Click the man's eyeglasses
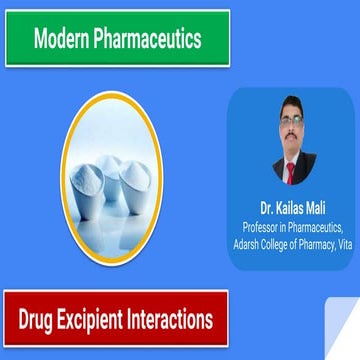291,129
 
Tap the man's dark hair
291,113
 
